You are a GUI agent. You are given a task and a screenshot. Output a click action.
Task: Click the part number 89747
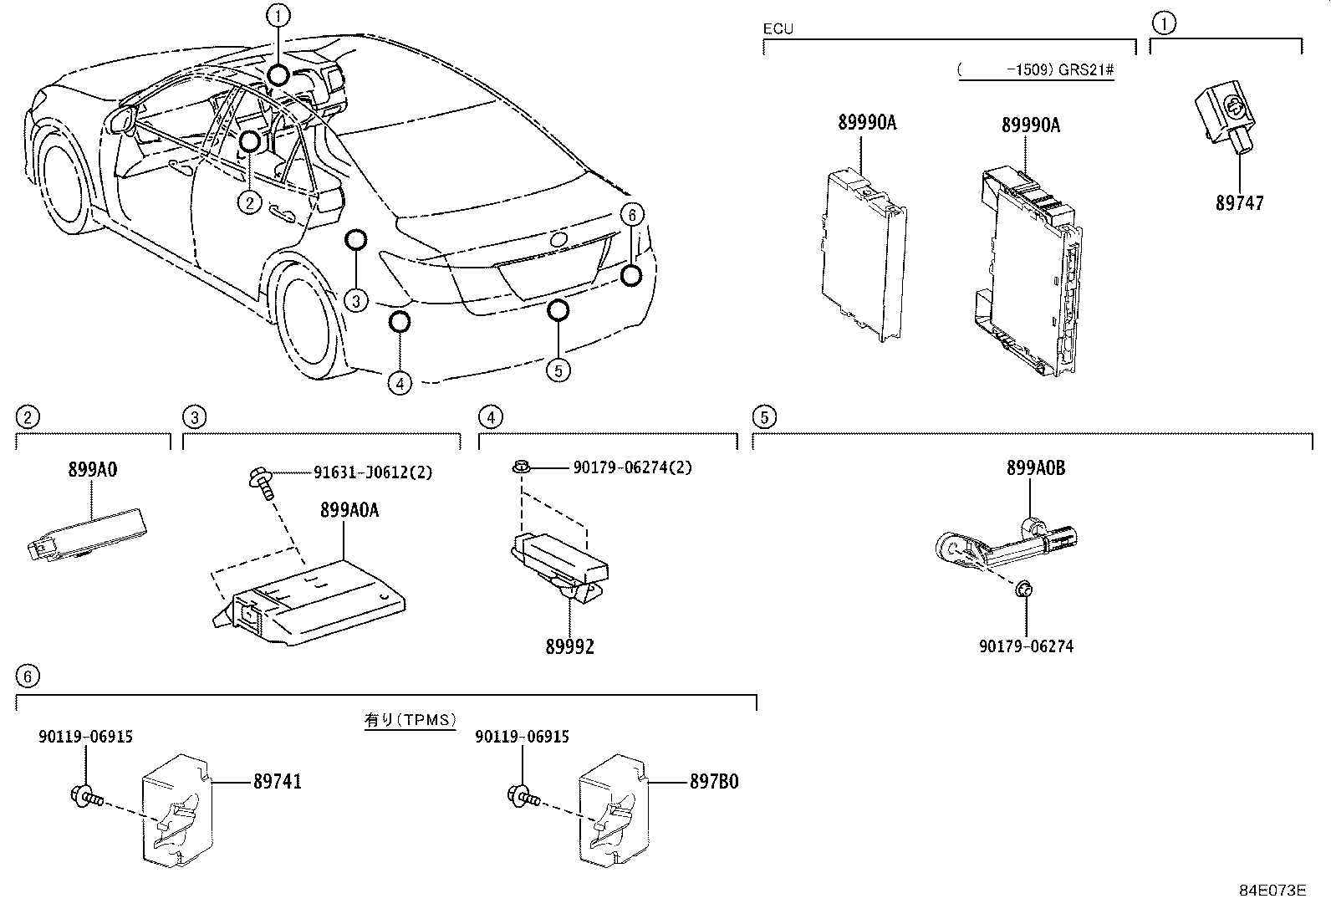[x=1239, y=203]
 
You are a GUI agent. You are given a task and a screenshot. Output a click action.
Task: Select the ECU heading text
[x=778, y=29]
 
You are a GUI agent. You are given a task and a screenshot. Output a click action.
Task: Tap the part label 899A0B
[x=1035, y=469]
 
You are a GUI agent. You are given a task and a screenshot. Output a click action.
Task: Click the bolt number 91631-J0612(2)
[x=373, y=472]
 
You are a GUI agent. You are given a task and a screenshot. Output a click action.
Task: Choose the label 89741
[x=278, y=782]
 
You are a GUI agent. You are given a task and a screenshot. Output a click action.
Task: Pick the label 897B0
[x=714, y=782]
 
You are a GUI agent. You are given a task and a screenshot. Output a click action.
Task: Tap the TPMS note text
[x=410, y=719]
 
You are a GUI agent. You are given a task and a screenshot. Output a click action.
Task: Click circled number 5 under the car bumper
[x=558, y=368]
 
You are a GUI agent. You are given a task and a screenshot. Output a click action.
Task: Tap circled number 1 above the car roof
[x=278, y=14]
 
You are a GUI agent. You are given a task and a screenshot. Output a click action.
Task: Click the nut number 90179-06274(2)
[x=632, y=468]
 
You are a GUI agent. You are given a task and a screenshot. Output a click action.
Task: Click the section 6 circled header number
[x=28, y=676]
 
